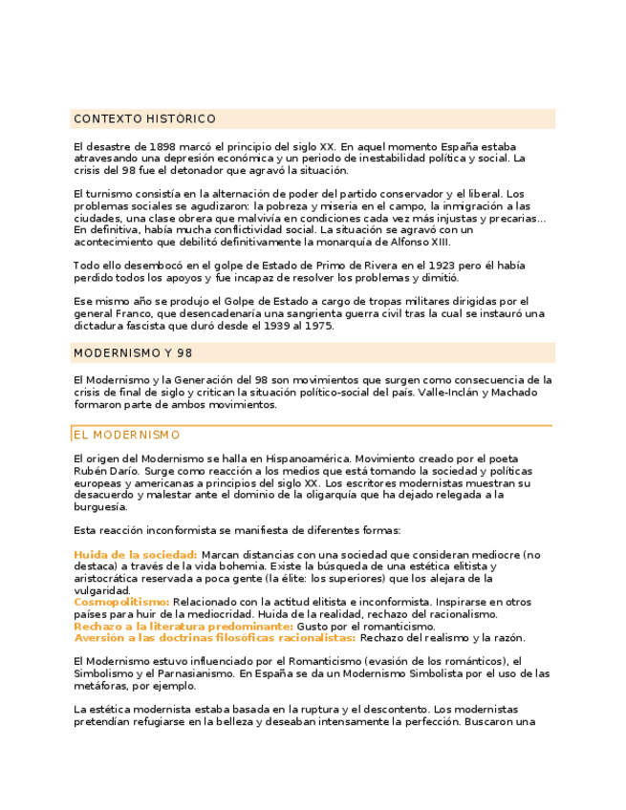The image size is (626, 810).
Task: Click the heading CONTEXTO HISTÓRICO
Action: (x=144, y=119)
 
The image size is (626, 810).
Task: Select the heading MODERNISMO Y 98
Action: (x=133, y=353)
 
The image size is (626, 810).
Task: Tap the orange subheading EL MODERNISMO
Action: (x=127, y=435)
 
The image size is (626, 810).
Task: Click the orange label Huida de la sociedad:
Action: (x=136, y=555)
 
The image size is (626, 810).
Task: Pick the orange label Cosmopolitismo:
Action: (x=121, y=602)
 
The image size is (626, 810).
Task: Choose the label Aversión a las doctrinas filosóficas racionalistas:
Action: (x=215, y=637)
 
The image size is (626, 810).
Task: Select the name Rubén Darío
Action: (x=106, y=471)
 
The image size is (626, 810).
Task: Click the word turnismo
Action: (x=108, y=194)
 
